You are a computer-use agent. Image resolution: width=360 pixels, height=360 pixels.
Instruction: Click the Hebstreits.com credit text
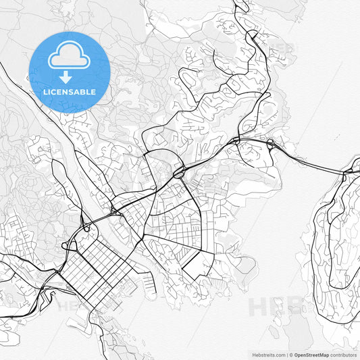coord(268,354)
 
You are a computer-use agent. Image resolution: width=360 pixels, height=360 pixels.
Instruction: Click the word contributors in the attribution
coord(343,354)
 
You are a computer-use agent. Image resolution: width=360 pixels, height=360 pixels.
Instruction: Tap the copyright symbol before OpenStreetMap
coord(291,354)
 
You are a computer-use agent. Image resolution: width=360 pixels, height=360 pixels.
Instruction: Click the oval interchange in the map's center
coord(180,173)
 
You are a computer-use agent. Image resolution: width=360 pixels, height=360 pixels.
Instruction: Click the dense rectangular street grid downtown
coord(95,263)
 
